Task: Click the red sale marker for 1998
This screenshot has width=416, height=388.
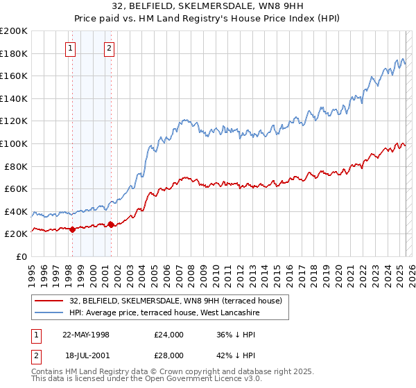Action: click(x=72, y=229)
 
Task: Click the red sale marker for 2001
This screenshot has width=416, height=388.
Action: click(x=111, y=224)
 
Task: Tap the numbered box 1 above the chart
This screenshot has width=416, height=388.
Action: click(x=71, y=48)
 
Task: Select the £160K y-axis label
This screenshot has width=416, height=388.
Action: click(x=14, y=76)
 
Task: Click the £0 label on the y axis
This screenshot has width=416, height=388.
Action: click(x=21, y=256)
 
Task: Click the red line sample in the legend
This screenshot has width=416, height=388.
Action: click(x=50, y=301)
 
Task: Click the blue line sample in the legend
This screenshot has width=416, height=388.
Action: click(x=50, y=312)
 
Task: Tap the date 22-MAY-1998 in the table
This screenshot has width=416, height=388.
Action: click(x=86, y=335)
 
